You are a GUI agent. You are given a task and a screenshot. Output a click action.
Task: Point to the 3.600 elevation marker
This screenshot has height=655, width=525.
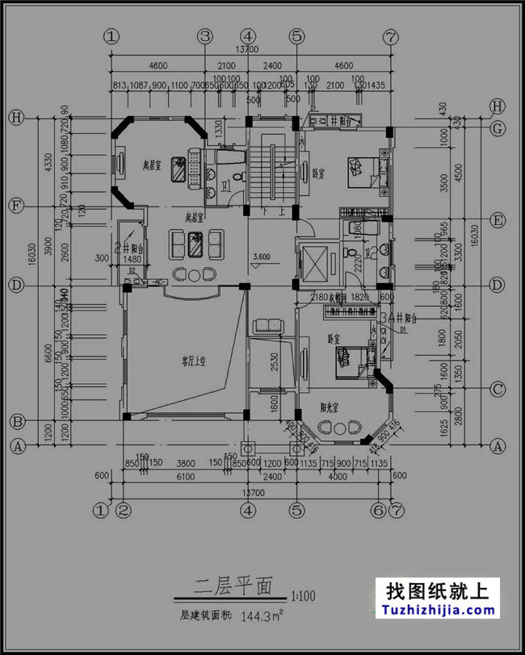(x=261, y=258)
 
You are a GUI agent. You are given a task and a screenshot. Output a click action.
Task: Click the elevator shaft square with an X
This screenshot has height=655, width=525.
(x=312, y=261)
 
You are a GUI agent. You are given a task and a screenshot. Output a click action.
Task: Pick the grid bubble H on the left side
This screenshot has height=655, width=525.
(x=15, y=117)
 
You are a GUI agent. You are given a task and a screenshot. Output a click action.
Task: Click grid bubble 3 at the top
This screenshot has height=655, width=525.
(x=205, y=36)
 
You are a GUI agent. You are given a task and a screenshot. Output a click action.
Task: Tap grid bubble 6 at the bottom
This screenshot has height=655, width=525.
(x=376, y=510)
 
